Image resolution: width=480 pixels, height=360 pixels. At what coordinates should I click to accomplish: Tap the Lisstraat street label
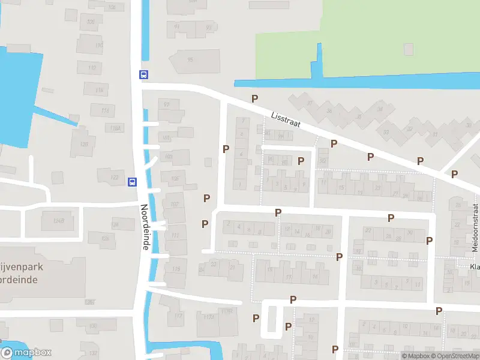(285, 119)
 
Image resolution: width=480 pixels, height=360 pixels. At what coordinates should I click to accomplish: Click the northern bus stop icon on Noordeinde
(144, 75)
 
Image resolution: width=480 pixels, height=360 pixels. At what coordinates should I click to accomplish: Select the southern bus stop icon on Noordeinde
(132, 182)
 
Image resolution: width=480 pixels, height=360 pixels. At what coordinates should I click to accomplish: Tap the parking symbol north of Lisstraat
(255, 99)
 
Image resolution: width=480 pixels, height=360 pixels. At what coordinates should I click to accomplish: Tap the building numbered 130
(93, 326)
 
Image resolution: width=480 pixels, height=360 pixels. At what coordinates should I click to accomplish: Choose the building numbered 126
(106, 238)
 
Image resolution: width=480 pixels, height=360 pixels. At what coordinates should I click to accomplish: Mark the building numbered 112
(92, 69)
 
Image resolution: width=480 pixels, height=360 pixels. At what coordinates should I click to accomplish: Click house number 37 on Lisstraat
(310, 103)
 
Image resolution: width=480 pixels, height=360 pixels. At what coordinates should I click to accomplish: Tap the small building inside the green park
(409, 48)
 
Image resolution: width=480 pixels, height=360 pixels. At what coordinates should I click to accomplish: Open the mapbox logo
(26, 353)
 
